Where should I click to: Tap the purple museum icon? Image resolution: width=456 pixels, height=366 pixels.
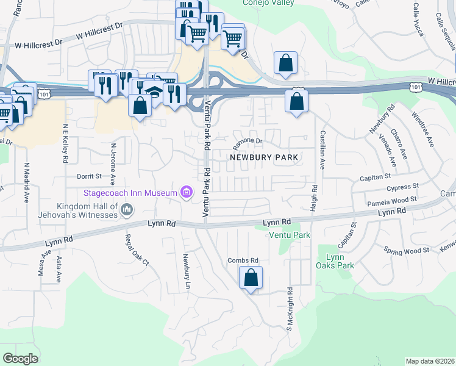click(187, 193)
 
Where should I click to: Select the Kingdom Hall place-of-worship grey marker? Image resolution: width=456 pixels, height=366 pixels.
click(127, 211)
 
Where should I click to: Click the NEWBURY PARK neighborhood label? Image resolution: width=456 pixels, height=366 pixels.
click(264, 157)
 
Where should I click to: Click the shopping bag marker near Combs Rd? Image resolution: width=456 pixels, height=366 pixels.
click(251, 279)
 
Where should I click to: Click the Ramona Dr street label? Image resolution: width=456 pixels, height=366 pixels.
click(248, 143)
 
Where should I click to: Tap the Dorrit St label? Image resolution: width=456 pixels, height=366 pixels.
click(88, 176)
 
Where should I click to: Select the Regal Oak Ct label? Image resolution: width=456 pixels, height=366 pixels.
click(137, 250)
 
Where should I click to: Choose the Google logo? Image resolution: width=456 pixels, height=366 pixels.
click(20, 358)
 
